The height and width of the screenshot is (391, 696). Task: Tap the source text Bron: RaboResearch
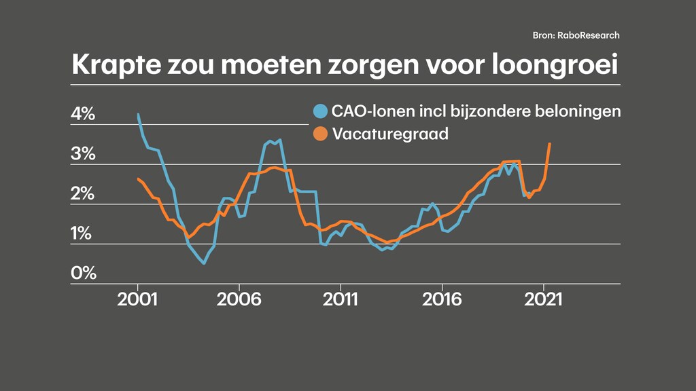tap(576, 35)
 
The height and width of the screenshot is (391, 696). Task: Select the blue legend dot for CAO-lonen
tap(321, 111)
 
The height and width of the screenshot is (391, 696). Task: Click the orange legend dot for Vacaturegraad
tap(321, 134)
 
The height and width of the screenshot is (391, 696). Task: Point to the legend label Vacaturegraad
tap(390, 134)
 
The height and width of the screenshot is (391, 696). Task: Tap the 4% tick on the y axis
tap(83, 115)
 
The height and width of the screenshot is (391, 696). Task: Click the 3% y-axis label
tap(83, 154)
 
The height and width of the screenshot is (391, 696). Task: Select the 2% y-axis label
tap(83, 194)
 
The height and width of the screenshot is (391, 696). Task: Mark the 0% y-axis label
tap(83, 274)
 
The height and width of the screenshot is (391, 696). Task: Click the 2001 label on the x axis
tap(138, 299)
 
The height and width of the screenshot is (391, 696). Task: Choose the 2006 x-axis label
tap(239, 299)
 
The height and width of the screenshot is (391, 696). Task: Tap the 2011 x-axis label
tap(341, 299)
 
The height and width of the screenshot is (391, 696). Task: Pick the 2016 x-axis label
tap(442, 299)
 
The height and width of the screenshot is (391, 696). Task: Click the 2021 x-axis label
tap(543, 299)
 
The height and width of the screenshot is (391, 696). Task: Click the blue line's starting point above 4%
tap(138, 115)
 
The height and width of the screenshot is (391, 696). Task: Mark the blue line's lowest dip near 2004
tap(204, 263)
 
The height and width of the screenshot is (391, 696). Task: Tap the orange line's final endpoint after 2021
tap(550, 143)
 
